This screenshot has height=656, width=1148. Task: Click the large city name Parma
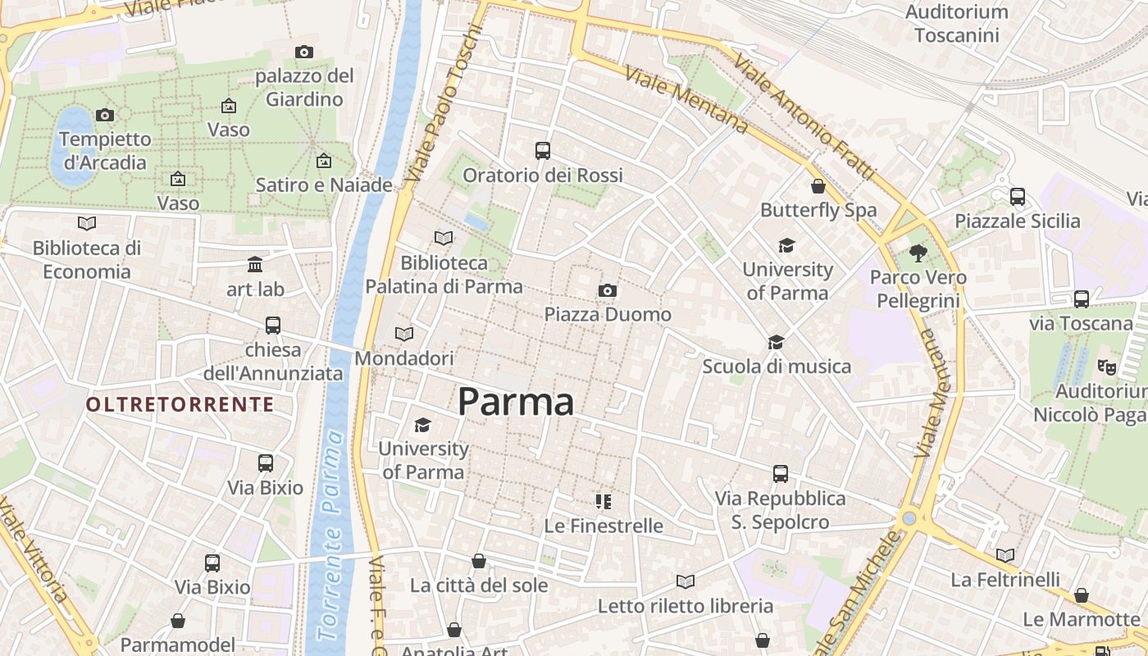coord(515,402)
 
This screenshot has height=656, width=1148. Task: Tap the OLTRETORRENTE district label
coord(180,404)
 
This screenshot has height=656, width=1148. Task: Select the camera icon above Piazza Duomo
coord(608,290)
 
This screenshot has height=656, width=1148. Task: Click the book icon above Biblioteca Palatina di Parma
coord(444,238)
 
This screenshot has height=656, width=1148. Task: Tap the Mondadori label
coord(404,358)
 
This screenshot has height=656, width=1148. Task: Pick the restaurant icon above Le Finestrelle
coord(604,501)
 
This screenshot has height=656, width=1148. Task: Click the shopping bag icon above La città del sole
coord(479,561)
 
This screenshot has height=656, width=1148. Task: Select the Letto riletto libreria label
coord(685,606)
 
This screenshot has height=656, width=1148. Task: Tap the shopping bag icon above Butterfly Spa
coord(818,186)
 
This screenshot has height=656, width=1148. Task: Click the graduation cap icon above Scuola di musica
coord(776,342)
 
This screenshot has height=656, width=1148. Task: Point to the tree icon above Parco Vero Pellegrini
coord(918,253)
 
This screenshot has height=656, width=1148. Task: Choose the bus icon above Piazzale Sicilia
coord(1018,197)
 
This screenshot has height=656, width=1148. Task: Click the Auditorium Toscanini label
coord(956,24)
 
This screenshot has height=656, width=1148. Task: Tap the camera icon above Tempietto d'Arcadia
coord(105,115)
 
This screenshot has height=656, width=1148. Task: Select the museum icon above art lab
coord(255,265)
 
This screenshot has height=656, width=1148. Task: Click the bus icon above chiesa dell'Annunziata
coord(273,326)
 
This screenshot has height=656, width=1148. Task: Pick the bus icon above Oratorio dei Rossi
coord(543,151)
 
